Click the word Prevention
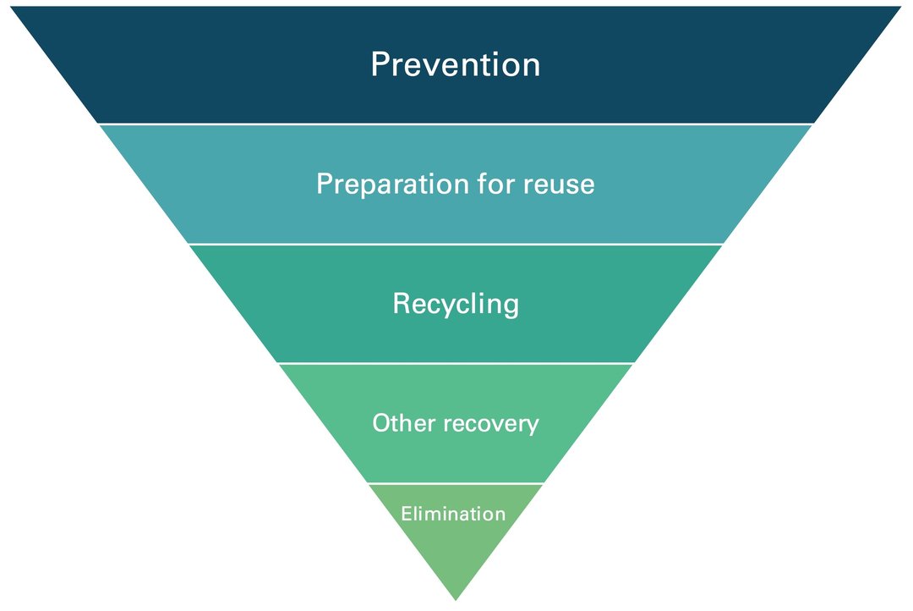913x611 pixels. click(x=455, y=65)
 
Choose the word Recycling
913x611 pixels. click(x=456, y=304)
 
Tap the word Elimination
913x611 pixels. click(x=453, y=514)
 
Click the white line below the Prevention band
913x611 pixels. click(x=455, y=124)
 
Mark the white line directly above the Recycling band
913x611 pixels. click(x=455, y=244)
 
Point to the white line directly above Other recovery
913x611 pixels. click(x=455, y=364)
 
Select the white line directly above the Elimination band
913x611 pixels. click(x=455, y=483)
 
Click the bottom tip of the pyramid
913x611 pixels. click(x=456, y=599)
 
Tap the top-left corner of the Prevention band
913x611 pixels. click(x=12, y=8)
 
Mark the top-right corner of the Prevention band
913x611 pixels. click(x=900, y=8)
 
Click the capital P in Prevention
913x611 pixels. click(x=380, y=65)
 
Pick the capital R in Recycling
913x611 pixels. click(x=402, y=304)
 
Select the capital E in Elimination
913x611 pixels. click(x=406, y=514)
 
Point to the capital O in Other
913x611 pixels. click(x=382, y=423)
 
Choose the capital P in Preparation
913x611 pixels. click(x=325, y=184)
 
